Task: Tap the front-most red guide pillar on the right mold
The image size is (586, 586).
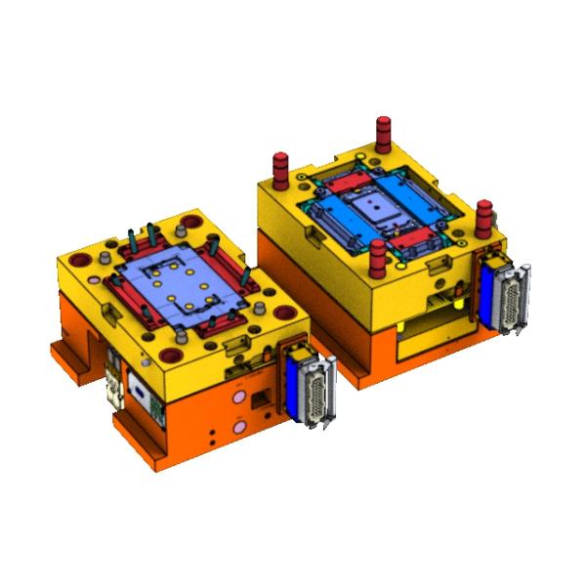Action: tap(377, 259)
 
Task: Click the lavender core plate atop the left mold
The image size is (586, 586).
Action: tap(176, 283)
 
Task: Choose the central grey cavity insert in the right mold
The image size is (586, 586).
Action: tap(376, 208)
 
